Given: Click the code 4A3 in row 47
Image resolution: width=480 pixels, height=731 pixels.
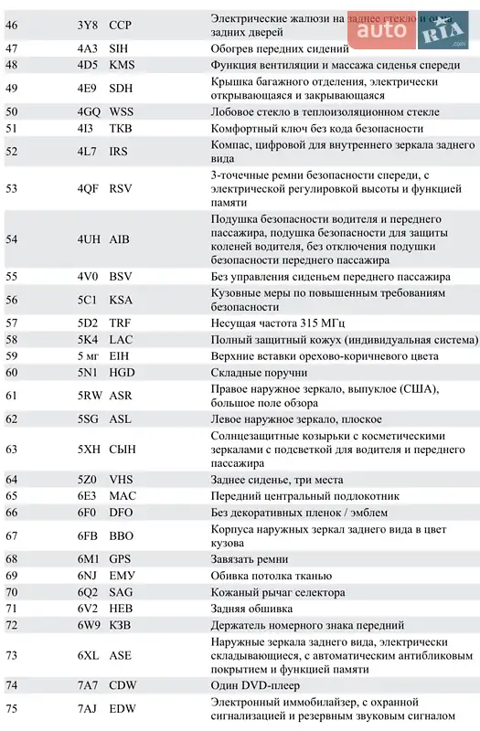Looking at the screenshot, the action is click(87, 48).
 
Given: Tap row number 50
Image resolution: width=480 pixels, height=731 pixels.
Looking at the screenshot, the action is click(11, 111).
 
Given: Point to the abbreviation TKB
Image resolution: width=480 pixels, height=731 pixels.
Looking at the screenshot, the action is click(121, 129).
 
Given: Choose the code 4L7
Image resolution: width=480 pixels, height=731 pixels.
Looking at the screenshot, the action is click(87, 152).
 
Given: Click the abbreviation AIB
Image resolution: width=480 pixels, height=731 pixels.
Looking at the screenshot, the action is click(120, 239).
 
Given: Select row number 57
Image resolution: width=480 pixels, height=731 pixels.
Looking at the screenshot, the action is click(11, 323).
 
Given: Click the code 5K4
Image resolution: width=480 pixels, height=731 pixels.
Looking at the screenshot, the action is click(87, 339).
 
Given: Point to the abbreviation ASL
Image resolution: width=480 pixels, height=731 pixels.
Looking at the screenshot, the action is click(120, 418).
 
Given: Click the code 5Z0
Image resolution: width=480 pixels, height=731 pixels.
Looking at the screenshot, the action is click(87, 479).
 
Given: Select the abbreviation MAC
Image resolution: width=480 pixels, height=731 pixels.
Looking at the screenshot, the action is click(122, 495).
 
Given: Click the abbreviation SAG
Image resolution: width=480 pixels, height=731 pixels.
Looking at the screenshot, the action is click(121, 591).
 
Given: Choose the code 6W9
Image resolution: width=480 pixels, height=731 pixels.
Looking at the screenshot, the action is click(88, 625).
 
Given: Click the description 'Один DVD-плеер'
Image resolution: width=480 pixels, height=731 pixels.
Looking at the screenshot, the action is click(255, 685).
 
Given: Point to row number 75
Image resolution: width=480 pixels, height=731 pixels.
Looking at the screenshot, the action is click(11, 708).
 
